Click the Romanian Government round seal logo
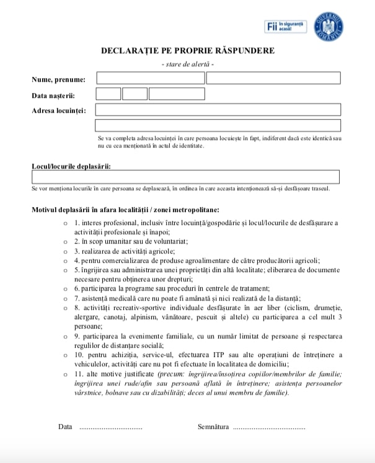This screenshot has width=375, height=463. pos(329,26)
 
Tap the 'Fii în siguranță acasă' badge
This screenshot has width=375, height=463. pos(285,26)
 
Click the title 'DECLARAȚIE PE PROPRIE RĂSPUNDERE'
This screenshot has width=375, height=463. pos(187,51)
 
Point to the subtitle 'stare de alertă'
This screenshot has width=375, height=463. pos(187,64)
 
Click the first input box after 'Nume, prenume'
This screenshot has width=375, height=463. pos(150,78)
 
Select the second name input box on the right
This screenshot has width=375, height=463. pos(273,78)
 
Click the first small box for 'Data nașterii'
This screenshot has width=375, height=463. pos(108,94)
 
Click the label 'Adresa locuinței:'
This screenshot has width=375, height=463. pos(59,110)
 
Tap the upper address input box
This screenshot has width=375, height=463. pos(218,110)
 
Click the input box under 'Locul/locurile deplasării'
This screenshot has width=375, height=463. pos(185,177)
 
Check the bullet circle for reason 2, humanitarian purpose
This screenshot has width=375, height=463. pos(66,241)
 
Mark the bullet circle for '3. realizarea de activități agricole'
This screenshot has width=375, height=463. pos(66,251)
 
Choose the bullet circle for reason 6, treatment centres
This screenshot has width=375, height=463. pos(66,288)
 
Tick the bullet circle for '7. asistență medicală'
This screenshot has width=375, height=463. pos(66,298)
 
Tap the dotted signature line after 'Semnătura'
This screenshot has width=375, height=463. pos(269,427)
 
